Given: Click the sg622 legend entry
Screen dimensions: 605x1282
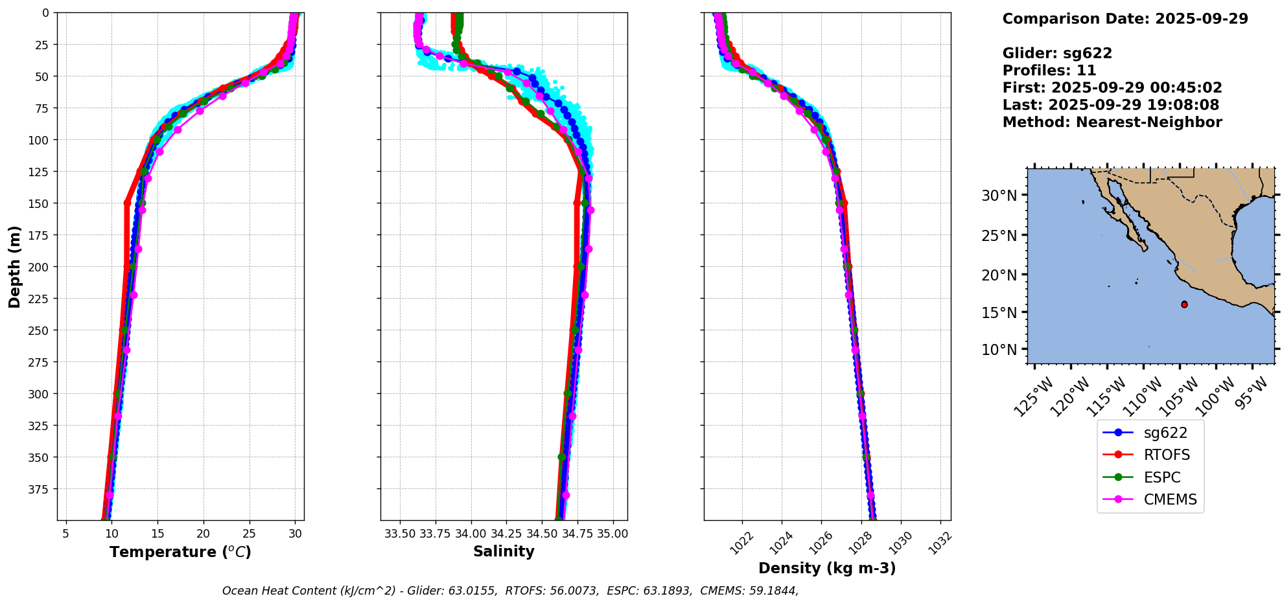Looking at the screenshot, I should tap(1165, 433).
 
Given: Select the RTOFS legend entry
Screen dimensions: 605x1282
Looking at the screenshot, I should tap(1167, 455).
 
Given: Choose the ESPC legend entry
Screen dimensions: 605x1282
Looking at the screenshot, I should tap(1161, 477).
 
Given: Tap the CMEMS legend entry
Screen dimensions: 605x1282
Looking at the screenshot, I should tap(1170, 499).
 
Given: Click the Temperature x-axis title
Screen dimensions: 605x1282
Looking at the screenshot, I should tap(180, 552).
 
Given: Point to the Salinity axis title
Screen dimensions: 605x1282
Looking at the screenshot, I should tap(504, 551).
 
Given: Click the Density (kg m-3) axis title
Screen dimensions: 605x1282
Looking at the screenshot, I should tap(827, 568).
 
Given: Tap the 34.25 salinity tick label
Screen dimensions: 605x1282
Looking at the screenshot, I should tap(506, 534).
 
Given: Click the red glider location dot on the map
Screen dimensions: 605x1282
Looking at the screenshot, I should tap(1184, 304).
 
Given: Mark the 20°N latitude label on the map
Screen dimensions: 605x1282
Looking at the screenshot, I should tap(999, 275).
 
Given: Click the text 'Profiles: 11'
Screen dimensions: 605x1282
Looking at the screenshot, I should tap(1049, 71).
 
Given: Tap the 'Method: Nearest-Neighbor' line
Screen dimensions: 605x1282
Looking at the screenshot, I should tap(1112, 122).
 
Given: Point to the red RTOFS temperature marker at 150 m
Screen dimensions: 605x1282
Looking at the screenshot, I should tap(127, 203).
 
